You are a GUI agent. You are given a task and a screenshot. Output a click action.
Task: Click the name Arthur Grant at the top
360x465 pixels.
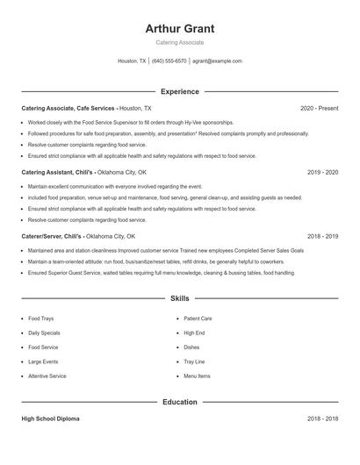180,28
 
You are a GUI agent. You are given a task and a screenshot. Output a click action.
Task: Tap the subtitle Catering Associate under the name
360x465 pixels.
180,42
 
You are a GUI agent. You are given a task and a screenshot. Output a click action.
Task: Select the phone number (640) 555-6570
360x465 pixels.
169,61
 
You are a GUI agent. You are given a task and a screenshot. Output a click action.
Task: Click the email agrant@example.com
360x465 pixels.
217,61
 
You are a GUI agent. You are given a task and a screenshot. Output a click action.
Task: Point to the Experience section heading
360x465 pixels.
180,91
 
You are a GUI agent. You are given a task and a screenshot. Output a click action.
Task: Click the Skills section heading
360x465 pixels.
180,299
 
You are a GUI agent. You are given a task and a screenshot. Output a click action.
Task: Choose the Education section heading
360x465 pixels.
180,402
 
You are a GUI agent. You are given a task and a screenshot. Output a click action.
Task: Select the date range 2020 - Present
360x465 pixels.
319,108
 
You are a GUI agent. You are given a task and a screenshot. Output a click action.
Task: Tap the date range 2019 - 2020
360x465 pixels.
322,172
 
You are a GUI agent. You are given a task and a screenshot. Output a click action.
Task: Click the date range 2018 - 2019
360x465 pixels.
322,236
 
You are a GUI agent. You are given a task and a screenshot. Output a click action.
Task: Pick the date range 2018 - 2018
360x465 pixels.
322,419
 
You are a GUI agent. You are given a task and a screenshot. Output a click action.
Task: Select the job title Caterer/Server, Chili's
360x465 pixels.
52,236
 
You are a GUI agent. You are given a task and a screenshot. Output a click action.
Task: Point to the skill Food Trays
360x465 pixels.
40,318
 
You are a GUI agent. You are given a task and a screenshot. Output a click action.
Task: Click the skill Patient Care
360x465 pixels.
198,318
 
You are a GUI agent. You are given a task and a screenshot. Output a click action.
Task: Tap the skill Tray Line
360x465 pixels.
194,361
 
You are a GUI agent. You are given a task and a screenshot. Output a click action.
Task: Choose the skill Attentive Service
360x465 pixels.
47,376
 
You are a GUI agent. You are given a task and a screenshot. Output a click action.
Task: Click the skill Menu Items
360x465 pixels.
197,376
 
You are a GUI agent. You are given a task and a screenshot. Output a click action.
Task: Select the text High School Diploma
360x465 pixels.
50,419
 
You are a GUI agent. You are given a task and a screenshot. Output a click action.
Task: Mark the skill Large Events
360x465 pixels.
43,361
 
